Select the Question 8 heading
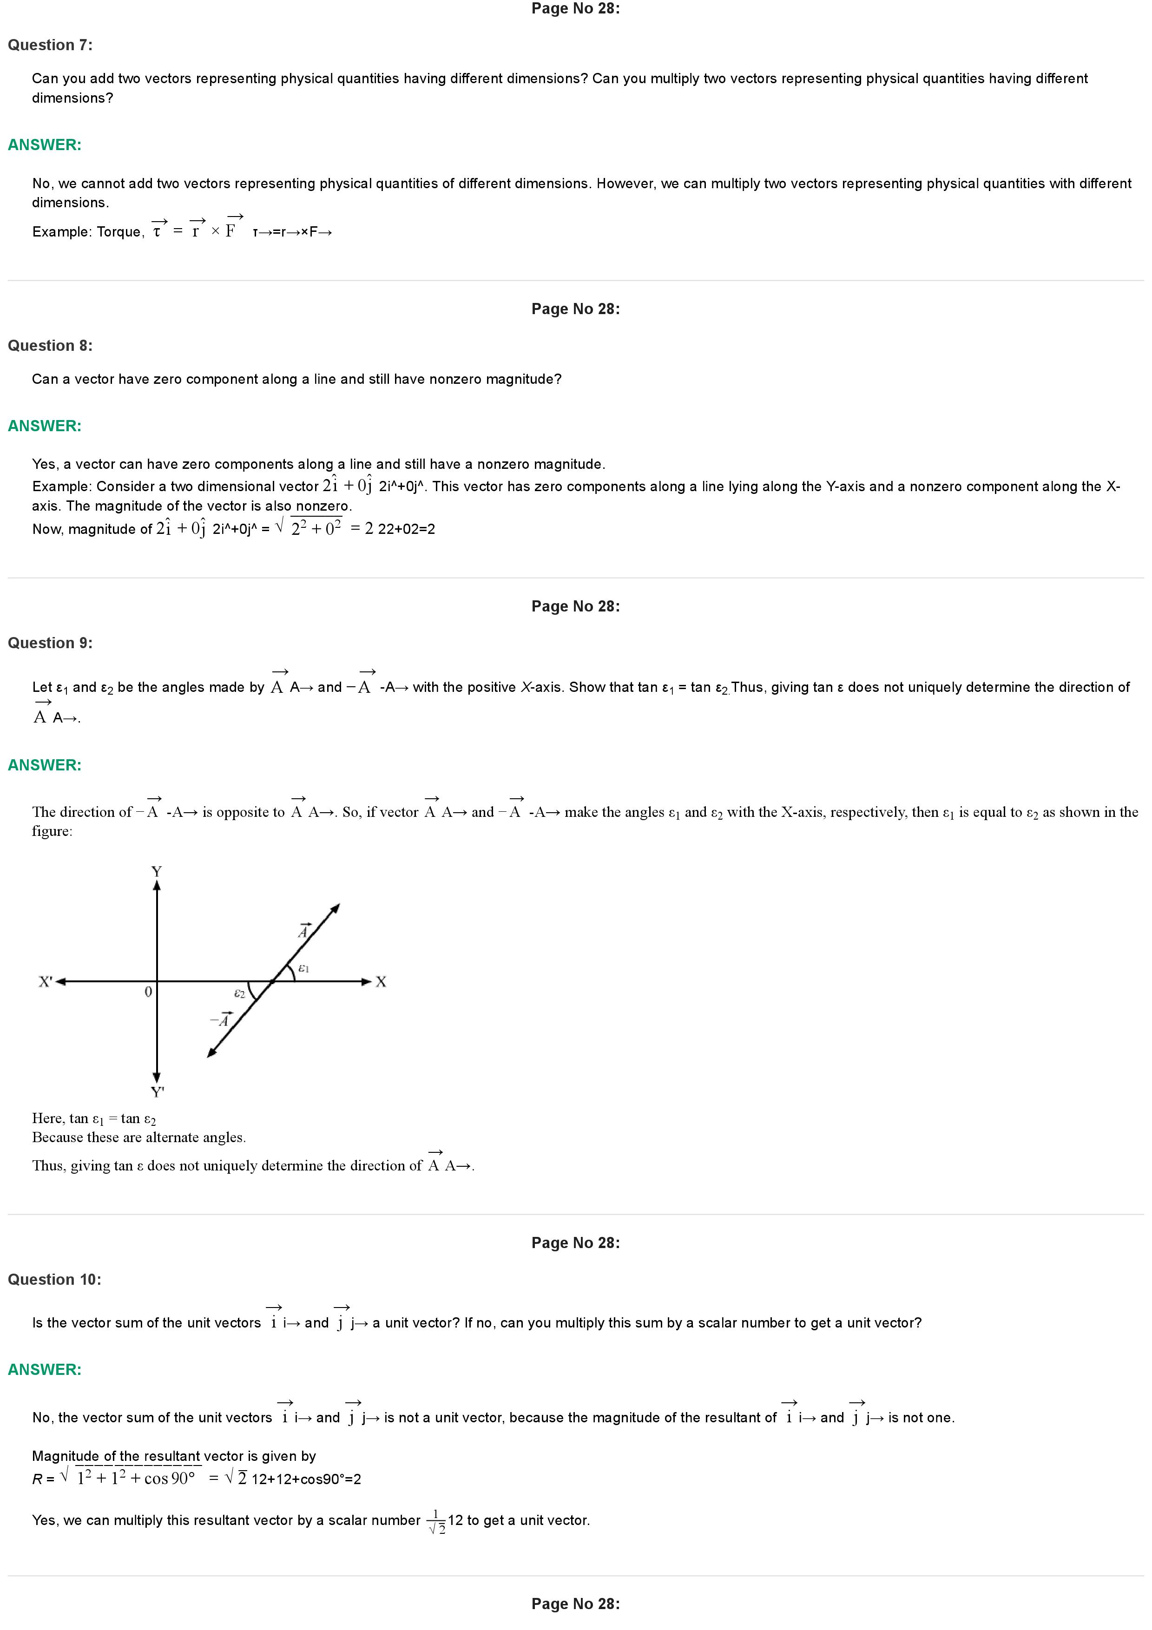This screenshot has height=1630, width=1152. tap(50, 346)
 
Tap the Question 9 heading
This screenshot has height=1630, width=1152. tap(50, 643)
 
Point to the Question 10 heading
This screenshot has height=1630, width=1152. tap(54, 1279)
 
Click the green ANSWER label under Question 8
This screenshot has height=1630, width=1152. tap(44, 426)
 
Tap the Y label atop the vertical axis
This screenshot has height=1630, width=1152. tap(157, 871)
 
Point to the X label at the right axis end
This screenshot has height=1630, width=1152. tap(381, 982)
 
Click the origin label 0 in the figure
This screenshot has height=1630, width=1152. tap(148, 992)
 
